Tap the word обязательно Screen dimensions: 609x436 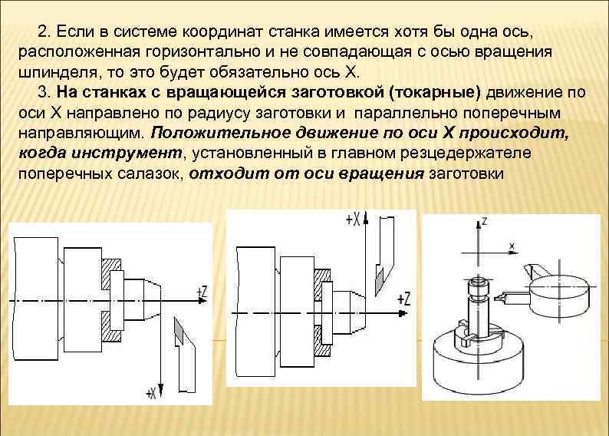[267, 74]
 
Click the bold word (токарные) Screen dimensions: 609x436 [437, 94]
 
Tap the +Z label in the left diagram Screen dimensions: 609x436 [202, 292]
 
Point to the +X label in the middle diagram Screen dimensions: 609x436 [354, 220]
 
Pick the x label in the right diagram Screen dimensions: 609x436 [512, 246]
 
